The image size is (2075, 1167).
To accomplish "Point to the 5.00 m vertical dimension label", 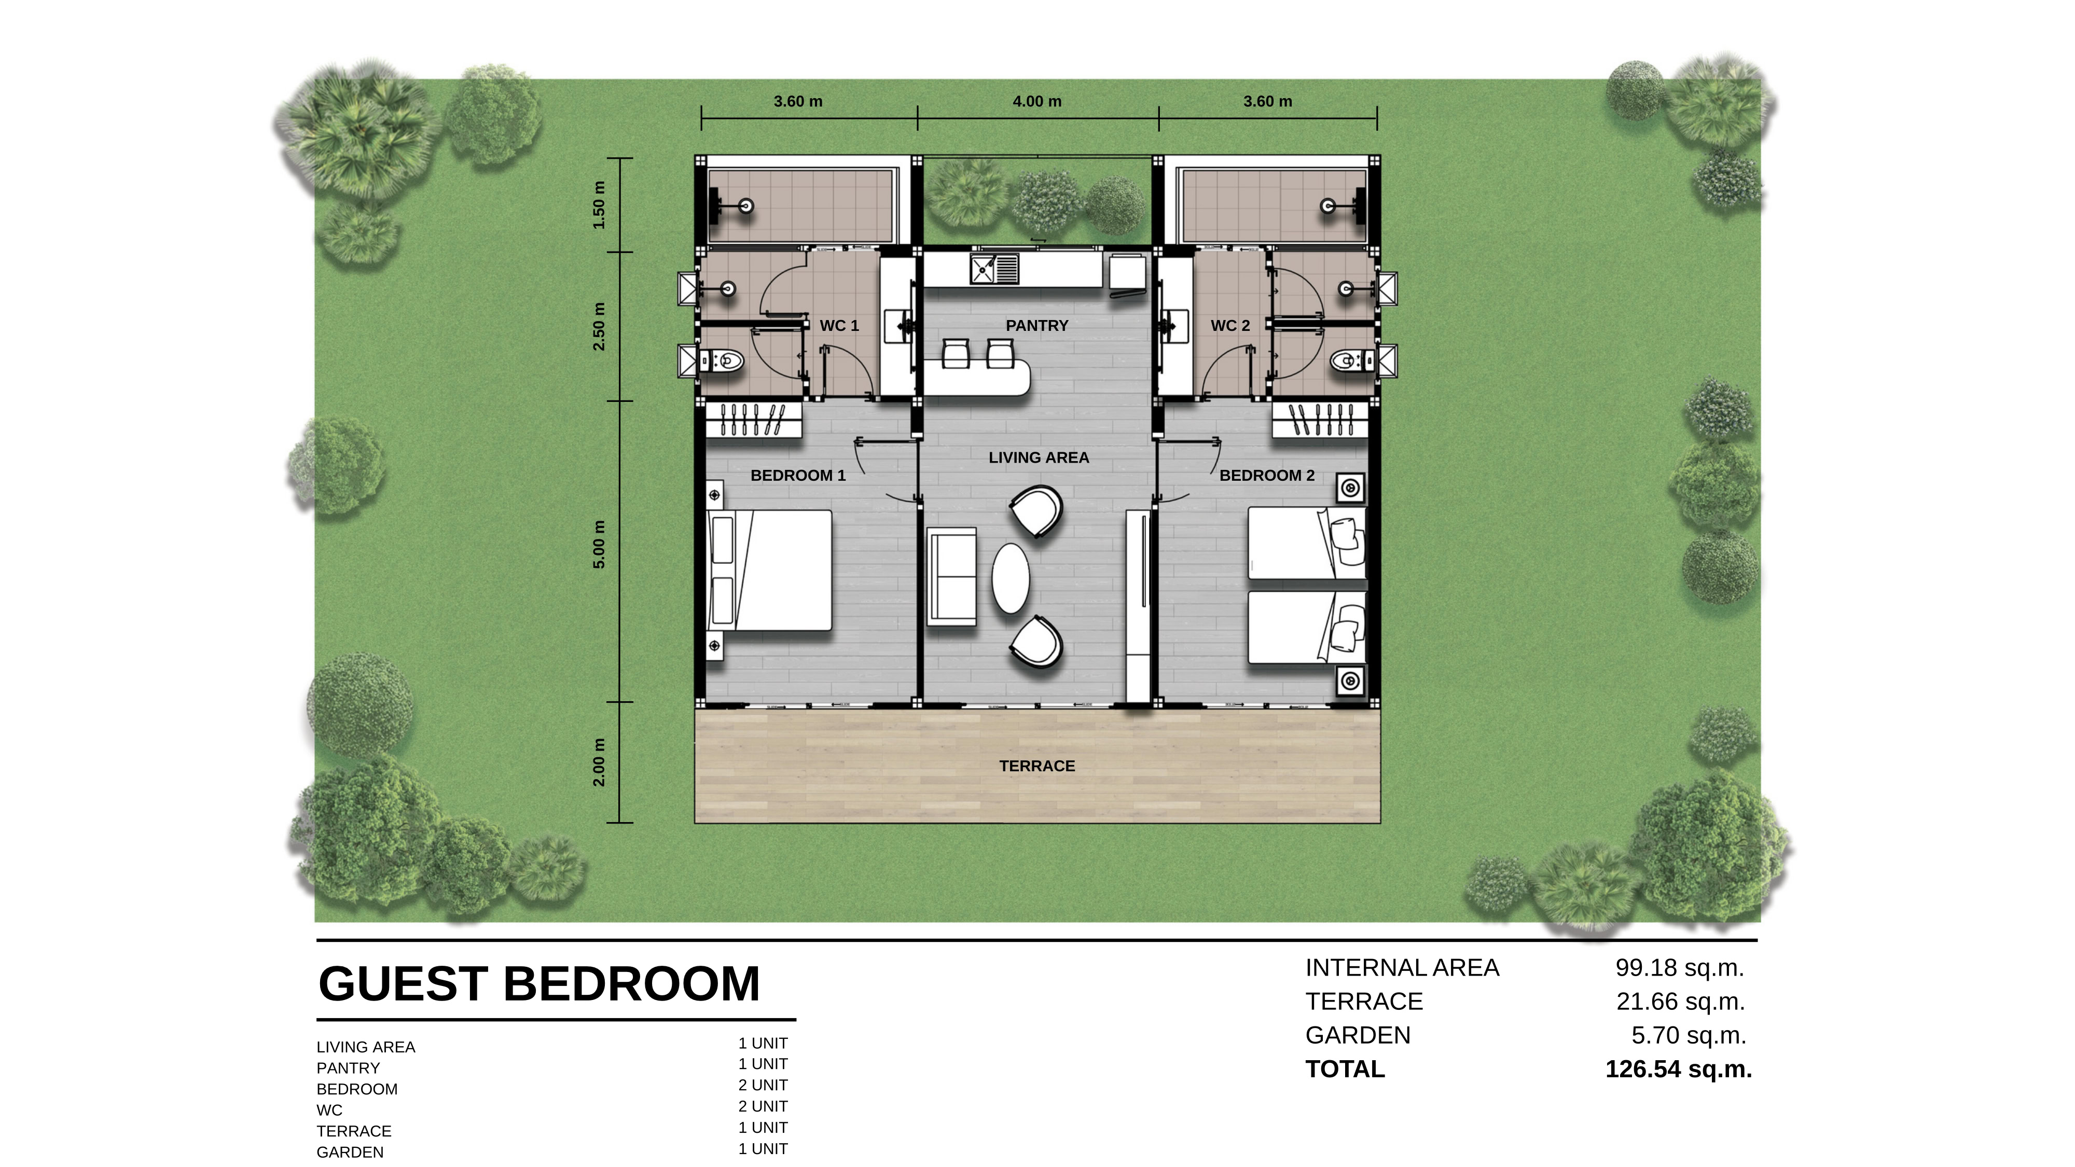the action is pyautogui.click(x=599, y=545).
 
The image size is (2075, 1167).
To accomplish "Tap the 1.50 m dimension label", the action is pyautogui.click(x=599, y=204).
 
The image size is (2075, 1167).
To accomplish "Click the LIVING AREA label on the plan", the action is pyautogui.click(x=1039, y=457).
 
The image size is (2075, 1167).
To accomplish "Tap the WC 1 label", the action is pyautogui.click(x=839, y=325).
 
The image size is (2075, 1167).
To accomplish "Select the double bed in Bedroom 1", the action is pyautogui.click(x=769, y=570).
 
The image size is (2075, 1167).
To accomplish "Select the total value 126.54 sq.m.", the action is pyautogui.click(x=1679, y=1069).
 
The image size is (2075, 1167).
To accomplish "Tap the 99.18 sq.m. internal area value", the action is pyautogui.click(x=1680, y=968).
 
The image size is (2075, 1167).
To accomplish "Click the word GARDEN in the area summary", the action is pyautogui.click(x=1358, y=1035).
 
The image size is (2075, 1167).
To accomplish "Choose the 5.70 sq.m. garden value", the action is pyautogui.click(x=1689, y=1035).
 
